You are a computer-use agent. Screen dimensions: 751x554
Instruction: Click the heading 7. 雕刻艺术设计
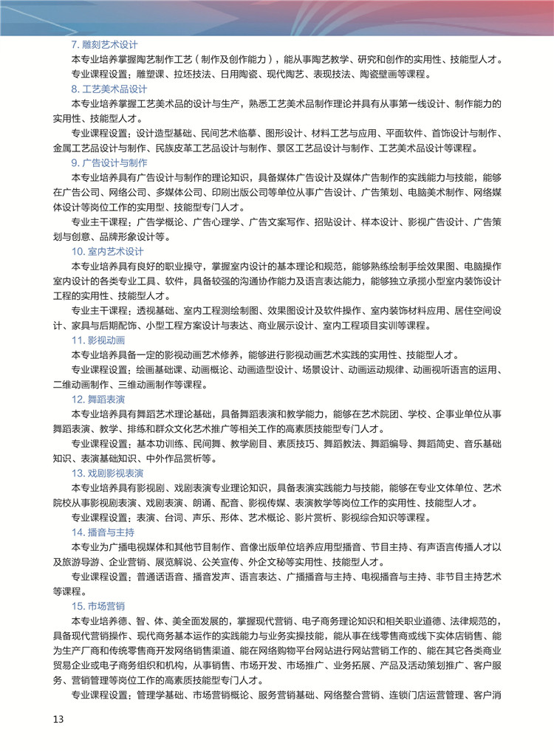(104, 44)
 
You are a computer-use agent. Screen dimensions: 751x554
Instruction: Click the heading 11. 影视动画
(98, 340)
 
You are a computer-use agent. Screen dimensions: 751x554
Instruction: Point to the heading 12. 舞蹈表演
(98, 399)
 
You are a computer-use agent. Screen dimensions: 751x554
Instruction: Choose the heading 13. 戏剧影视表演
(107, 473)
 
